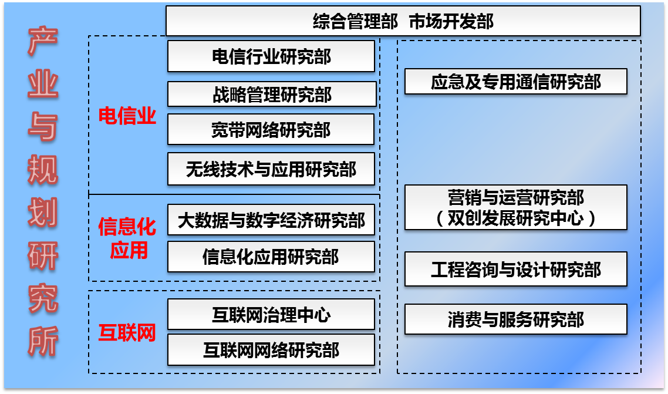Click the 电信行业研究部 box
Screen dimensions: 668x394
click(x=271, y=56)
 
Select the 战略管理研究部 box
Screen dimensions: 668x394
click(x=272, y=94)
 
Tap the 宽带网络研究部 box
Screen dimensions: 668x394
click(x=271, y=130)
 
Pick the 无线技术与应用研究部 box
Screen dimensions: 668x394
click(x=271, y=169)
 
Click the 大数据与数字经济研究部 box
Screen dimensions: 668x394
click(x=271, y=220)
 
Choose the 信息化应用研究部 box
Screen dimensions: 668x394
click(x=271, y=257)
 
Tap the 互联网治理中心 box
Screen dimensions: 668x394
click(x=271, y=314)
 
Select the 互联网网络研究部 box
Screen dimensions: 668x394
click(x=271, y=350)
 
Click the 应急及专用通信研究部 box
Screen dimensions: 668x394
click(x=516, y=82)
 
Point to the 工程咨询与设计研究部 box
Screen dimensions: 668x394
click(x=516, y=269)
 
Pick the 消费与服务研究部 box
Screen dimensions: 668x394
click(x=516, y=319)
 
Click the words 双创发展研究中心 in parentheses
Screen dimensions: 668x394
click(x=515, y=218)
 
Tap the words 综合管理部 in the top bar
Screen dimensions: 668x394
click(x=355, y=21)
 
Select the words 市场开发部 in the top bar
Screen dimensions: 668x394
click(x=451, y=21)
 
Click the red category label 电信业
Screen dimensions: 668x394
click(x=127, y=116)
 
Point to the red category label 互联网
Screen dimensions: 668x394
click(x=127, y=333)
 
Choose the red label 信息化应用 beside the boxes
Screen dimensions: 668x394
click(x=127, y=238)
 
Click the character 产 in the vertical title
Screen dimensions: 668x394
click(x=43, y=41)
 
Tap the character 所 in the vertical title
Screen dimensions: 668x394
click(x=43, y=341)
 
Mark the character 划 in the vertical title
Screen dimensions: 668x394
click(x=43, y=213)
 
